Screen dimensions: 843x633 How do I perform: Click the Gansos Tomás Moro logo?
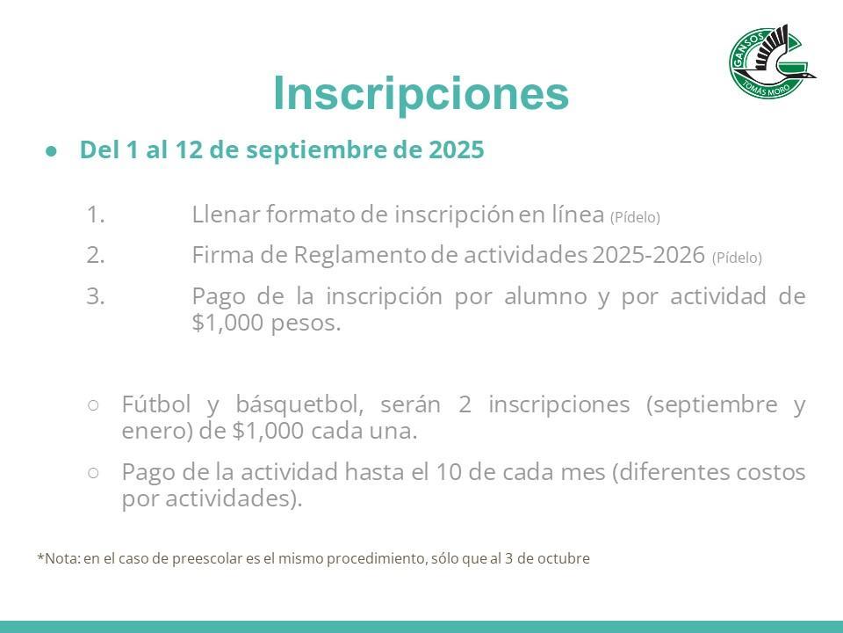[772, 62]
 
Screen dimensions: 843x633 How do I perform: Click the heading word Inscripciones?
[421, 93]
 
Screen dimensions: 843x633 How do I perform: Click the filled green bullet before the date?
[51, 152]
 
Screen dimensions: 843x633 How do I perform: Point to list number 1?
[95, 215]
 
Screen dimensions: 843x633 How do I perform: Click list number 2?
[95, 255]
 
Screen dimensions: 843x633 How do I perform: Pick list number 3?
[95, 296]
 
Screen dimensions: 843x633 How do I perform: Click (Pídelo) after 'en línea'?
[635, 217]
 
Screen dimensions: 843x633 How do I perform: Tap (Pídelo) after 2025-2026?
[737, 258]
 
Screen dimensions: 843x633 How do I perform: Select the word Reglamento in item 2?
[360, 255]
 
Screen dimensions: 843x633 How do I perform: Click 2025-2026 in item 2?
[648, 255]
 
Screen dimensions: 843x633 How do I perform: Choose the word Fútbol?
[156, 404]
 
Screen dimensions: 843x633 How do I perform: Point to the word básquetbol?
[299, 404]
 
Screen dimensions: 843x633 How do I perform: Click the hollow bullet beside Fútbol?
[93, 405]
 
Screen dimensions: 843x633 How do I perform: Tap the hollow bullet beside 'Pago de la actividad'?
[93, 473]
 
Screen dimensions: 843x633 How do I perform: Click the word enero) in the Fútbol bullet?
[157, 431]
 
